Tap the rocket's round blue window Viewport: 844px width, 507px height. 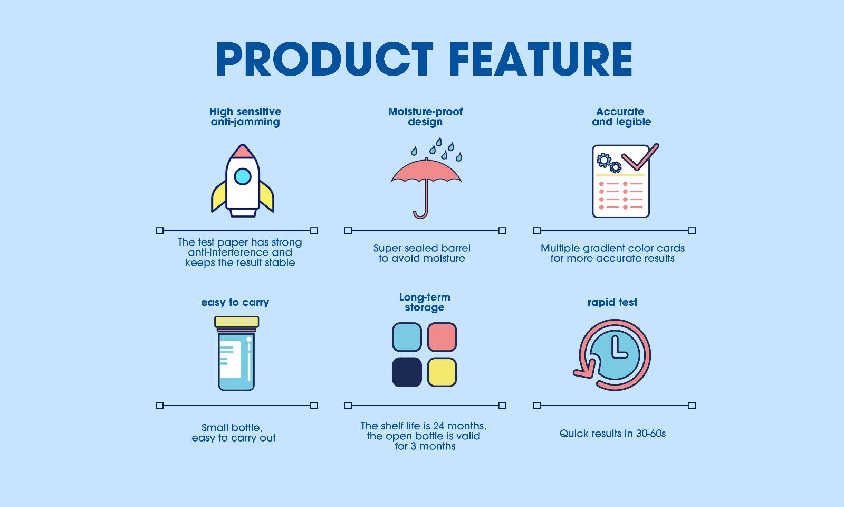tap(243, 176)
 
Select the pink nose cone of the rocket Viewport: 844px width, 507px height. tap(243, 152)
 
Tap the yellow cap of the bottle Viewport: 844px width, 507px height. tap(236, 322)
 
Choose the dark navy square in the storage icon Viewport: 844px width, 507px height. tap(407, 372)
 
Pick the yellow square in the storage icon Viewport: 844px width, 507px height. tap(442, 372)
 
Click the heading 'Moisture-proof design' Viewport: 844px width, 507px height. tap(425, 117)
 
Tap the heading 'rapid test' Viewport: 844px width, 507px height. tap(612, 303)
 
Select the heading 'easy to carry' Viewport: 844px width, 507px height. tap(235, 303)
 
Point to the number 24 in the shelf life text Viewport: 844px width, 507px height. tap(439, 426)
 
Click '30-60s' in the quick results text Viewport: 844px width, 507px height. tap(650, 434)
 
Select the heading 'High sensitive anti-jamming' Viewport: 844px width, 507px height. tap(245, 117)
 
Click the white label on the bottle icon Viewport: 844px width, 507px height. tap(230, 360)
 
